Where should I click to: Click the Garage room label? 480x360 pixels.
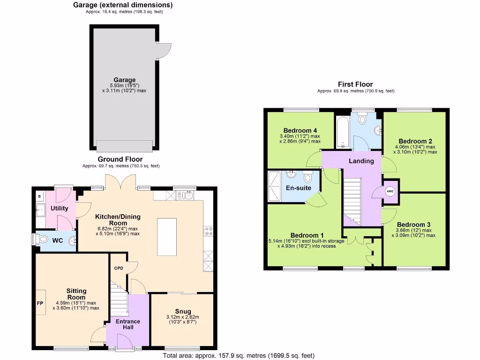(x=124, y=80)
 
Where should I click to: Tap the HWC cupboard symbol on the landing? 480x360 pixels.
(x=390, y=191)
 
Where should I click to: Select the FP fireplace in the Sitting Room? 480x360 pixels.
(x=40, y=304)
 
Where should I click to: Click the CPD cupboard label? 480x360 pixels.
(x=118, y=269)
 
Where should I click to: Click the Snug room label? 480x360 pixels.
(x=183, y=311)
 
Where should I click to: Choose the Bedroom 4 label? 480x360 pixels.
(x=300, y=130)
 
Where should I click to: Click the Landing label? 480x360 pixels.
(x=361, y=161)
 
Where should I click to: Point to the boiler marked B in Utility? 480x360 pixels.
(x=39, y=196)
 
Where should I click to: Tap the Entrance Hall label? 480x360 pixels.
(x=128, y=324)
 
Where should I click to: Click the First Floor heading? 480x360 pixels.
(x=355, y=84)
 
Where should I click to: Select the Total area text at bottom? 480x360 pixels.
(x=239, y=355)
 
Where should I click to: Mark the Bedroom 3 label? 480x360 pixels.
(x=413, y=225)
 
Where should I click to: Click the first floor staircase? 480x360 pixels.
(x=353, y=199)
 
